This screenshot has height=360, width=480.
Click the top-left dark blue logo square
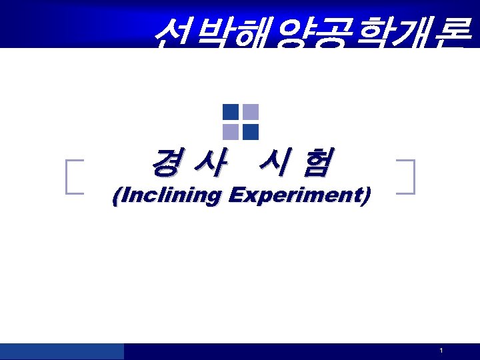pyautogui.click(x=231, y=112)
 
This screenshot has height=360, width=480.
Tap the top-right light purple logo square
pyautogui.click(x=251, y=112)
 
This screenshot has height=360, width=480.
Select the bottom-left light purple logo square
pyautogui.click(x=231, y=131)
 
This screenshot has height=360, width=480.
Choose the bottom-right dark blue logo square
pyautogui.click(x=251, y=131)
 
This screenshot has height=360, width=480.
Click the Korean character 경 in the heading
pyautogui.click(x=165, y=163)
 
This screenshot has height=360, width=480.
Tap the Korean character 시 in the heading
pyautogui.click(x=273, y=163)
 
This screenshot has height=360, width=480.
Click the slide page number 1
pyautogui.click(x=441, y=351)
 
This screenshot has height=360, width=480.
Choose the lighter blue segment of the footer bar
pyautogui.click(x=62, y=351)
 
